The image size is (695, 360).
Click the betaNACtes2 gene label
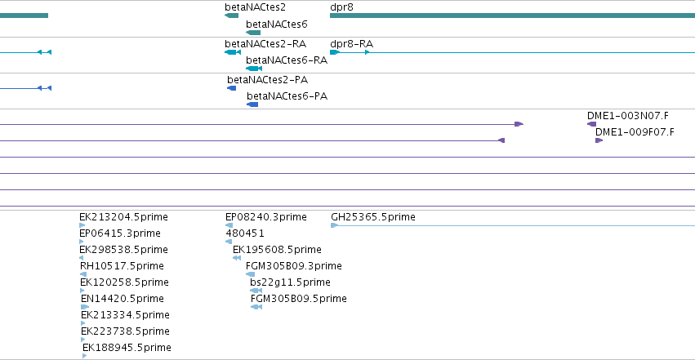pos(256,7)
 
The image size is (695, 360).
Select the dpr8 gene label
pos(341,7)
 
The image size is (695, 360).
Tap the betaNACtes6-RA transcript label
pos(287,60)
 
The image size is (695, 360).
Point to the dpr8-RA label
pos(351,44)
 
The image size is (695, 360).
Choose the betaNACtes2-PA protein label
pos(267,80)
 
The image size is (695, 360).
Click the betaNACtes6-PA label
pos(287,96)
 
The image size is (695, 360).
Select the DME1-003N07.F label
pos(628,116)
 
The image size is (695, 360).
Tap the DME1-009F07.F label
pos(635,132)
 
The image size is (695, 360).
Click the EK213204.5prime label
pos(123,217)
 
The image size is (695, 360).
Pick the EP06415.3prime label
pos(120,233)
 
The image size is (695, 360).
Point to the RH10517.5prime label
pos(122,266)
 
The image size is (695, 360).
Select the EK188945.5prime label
pos(127,348)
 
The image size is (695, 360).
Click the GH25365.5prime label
pos(373,217)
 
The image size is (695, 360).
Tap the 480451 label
pos(245,233)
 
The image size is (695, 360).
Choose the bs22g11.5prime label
pos(290,282)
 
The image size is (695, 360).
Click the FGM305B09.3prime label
pos(294,266)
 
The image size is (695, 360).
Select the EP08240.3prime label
pos(266,217)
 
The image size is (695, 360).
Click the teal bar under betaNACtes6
pos(253,33)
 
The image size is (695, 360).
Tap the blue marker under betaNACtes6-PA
pos(252,104)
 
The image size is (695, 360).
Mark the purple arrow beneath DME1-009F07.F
pos(599,140)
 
